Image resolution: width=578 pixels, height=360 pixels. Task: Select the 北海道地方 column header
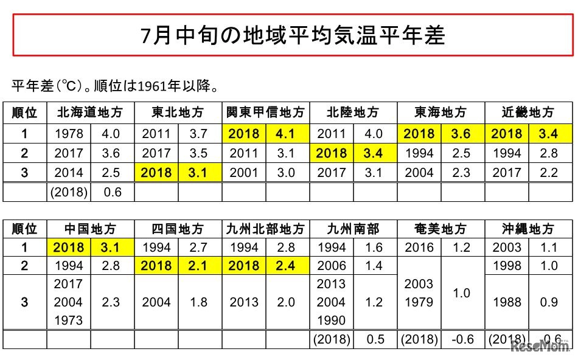pyautogui.click(x=90, y=112)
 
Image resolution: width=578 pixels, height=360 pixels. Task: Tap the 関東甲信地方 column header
pyautogui.click(x=265, y=112)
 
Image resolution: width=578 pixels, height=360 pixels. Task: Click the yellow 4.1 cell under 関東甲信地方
pyautogui.click(x=287, y=134)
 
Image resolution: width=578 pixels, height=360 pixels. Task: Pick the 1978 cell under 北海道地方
pyautogui.click(x=69, y=134)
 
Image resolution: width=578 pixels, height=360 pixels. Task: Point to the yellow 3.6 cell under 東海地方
pyautogui.click(x=462, y=134)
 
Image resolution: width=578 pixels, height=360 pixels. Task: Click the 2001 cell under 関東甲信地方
pyautogui.click(x=243, y=173)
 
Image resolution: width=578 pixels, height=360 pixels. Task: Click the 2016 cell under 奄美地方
pyautogui.click(x=419, y=247)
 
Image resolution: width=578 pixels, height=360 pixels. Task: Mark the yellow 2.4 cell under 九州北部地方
pyautogui.click(x=287, y=266)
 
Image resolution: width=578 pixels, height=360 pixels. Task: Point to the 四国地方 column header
pyautogui.click(x=178, y=229)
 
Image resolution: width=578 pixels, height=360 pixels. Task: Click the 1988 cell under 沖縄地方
pyautogui.click(x=507, y=302)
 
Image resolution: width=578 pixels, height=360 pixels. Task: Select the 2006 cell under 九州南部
pyautogui.click(x=332, y=266)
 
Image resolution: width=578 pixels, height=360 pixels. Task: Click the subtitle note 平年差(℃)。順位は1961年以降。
pyautogui.click(x=115, y=86)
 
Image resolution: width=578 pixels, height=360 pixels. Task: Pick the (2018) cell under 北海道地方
pyautogui.click(x=69, y=192)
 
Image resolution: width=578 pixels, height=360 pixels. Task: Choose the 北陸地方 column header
pyautogui.click(x=353, y=112)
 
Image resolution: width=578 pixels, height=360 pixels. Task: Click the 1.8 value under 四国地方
pyautogui.click(x=200, y=302)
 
